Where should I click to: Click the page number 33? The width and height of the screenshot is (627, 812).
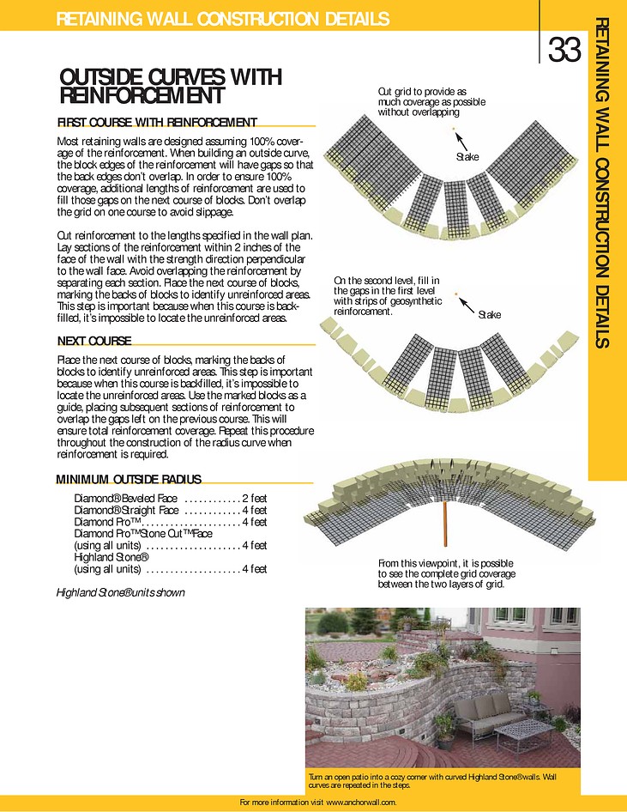click(564, 51)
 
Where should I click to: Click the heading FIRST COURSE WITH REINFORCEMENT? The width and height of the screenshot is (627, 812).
click(157, 122)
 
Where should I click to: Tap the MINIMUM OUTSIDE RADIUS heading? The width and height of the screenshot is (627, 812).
click(129, 479)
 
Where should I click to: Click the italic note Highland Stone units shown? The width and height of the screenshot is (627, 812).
click(120, 592)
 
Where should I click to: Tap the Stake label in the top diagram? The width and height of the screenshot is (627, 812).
click(467, 156)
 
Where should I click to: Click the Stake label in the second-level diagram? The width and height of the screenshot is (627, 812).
click(489, 315)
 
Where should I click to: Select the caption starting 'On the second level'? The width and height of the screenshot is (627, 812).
click(388, 296)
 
